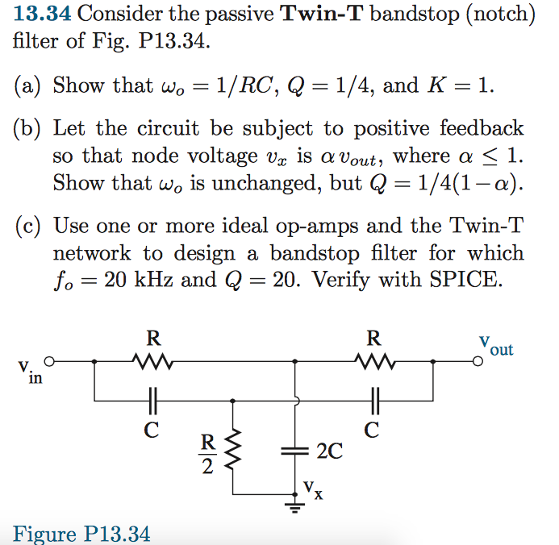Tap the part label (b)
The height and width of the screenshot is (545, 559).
[31, 129]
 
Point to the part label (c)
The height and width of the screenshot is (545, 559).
[30, 227]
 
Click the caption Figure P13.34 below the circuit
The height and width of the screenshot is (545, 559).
[81, 534]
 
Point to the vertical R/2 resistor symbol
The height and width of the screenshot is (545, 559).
[235, 451]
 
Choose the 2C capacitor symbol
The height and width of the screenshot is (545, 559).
[298, 451]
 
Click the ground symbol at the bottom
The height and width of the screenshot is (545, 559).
[298, 505]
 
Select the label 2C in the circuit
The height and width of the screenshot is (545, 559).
[330, 451]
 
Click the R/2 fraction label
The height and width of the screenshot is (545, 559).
[208, 453]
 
